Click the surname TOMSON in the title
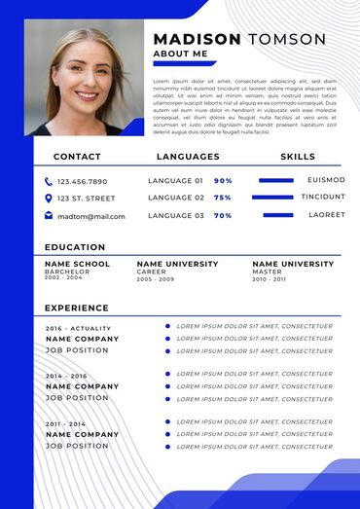[287, 39]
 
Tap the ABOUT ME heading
[181, 55]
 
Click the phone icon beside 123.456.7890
[49, 181]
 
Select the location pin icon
[49, 199]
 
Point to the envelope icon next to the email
[49, 216]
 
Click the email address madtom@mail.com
[91, 216]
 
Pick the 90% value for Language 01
[223, 181]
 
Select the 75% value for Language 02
[223, 198]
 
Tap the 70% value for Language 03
[223, 215]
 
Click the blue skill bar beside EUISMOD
[276, 180]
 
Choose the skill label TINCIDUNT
[322, 197]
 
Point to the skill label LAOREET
[327, 214]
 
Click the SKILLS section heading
[298, 157]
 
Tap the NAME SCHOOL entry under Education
[77, 264]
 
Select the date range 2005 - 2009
[156, 279]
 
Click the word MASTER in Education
[267, 272]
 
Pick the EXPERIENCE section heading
[77, 309]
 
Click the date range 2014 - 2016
[66, 376]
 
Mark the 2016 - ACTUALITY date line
[79, 329]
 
